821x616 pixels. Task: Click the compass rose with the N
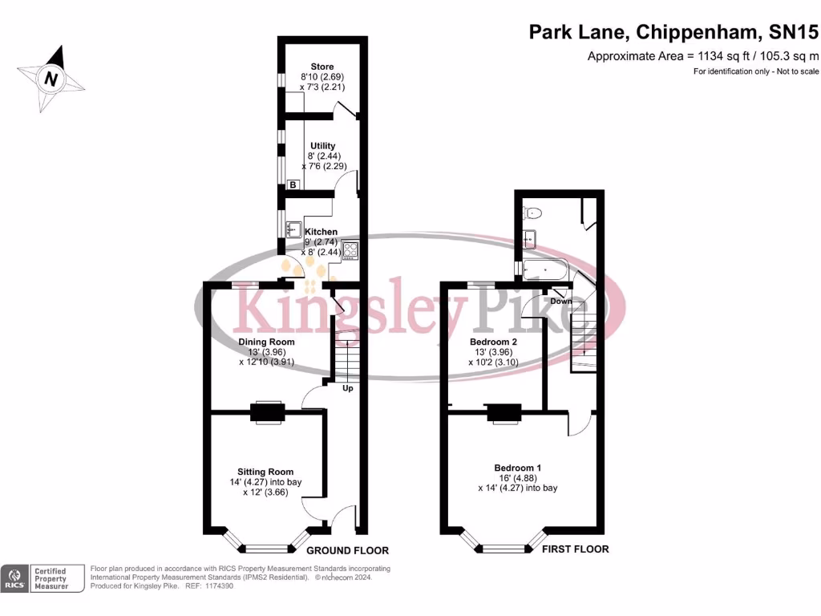(x=52, y=79)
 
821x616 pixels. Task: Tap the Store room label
(x=322, y=67)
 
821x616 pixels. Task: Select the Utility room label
(x=322, y=145)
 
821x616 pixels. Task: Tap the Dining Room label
(x=266, y=342)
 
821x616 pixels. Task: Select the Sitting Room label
(x=265, y=472)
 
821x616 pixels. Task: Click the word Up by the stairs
(x=348, y=389)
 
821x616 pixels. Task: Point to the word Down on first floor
(x=561, y=302)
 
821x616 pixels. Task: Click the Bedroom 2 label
(x=493, y=342)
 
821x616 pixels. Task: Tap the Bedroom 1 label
(x=517, y=468)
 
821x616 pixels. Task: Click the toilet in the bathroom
(x=532, y=213)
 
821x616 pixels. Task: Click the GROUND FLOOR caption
(x=348, y=551)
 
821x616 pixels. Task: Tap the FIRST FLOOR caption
(x=575, y=549)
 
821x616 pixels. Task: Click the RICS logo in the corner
(x=14, y=578)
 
